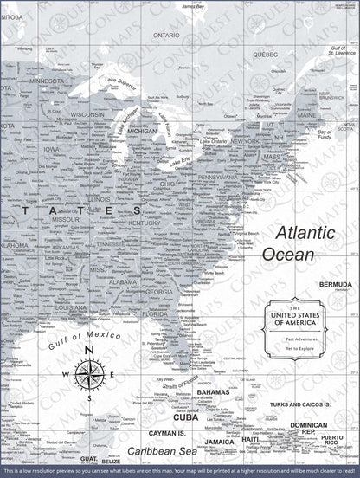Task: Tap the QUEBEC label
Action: pos(265,53)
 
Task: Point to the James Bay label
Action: pos(197,8)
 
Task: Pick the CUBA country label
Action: pos(185,417)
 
